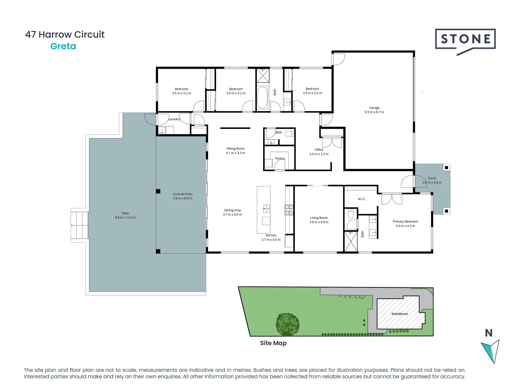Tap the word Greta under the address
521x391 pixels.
tap(63, 46)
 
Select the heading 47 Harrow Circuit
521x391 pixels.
tap(65, 34)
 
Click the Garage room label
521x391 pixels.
tap(374, 108)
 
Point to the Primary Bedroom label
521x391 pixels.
tap(405, 222)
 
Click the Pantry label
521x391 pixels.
tap(280, 158)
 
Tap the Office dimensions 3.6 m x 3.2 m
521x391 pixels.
tap(319, 154)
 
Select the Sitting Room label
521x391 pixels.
tap(236, 148)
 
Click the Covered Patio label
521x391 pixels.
tap(183, 194)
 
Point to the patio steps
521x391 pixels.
tap(80, 225)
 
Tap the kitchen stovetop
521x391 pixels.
tap(289, 210)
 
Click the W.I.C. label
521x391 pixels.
tap(362, 199)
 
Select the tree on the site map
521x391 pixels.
tap(288, 324)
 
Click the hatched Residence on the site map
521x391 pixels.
tap(400, 314)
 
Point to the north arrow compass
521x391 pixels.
tap(491, 349)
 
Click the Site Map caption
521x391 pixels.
tap(273, 343)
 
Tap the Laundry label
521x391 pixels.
tap(174, 119)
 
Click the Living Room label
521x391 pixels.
tap(319, 218)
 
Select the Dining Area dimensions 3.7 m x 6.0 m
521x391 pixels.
tap(232, 215)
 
